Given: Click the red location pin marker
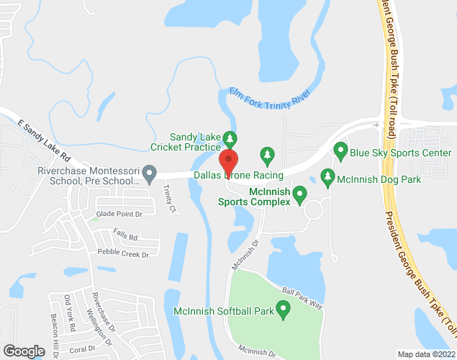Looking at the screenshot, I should coord(228,161).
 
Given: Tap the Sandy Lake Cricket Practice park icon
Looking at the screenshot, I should coord(230,137).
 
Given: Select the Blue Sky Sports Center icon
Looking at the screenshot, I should coord(340,153).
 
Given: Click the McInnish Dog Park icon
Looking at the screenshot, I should coord(327,176).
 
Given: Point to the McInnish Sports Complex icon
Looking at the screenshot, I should coord(300,193).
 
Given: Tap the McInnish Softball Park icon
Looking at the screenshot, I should coord(283,311).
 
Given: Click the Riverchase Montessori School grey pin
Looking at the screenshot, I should coord(150,174).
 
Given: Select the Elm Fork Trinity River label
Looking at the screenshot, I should coord(268,96).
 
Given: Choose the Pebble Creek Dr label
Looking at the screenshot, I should coord(125,254).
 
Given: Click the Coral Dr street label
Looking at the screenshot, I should coord(82,349).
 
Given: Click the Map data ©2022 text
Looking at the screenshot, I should coord(426,354).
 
